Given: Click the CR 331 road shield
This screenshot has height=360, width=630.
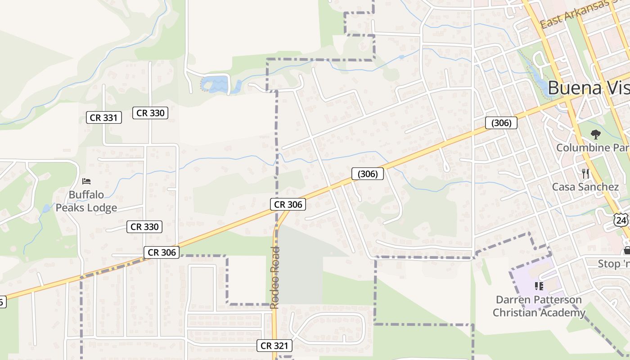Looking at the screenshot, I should [104, 118].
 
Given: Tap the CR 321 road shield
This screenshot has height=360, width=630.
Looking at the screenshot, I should [274, 346].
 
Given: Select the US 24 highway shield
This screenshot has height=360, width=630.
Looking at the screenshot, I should [621, 220].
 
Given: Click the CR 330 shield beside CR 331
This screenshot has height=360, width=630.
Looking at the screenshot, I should [150, 113].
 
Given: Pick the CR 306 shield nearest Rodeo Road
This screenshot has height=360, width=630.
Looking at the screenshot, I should [288, 204].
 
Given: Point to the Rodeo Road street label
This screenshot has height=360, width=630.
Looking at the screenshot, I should [275, 277].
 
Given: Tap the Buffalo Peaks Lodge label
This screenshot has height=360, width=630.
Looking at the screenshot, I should [86, 201].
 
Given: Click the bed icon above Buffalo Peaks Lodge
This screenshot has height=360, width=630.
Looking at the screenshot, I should [86, 181].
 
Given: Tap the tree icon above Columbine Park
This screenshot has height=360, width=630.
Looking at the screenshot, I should [595, 134].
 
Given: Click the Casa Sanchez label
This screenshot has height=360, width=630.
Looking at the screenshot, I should [585, 187].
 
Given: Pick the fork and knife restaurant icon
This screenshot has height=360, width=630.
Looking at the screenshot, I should [585, 173].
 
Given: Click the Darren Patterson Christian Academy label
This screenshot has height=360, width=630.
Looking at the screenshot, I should [539, 306].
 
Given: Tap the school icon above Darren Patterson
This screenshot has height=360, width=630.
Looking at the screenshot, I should [539, 286].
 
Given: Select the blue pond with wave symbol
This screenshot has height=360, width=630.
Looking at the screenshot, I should [214, 84].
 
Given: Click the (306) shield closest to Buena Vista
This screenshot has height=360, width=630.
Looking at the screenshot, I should [501, 123].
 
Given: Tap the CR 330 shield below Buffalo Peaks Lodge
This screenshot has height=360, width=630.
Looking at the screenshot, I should [144, 227].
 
